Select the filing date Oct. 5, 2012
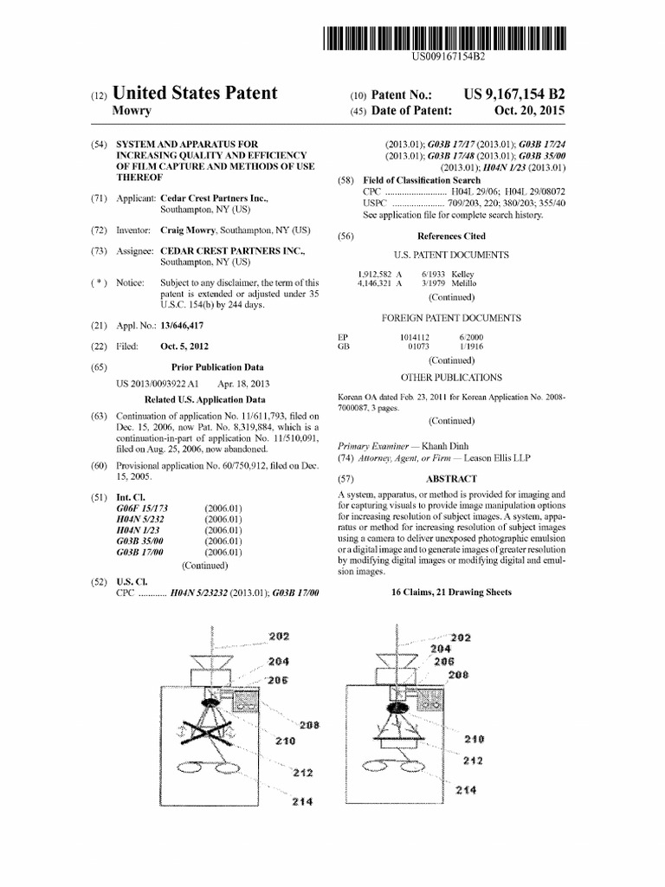coord(184,346)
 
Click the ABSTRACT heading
coord(451,479)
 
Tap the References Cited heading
coord(451,236)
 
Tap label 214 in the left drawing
coord(302,802)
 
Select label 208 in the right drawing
coord(460,674)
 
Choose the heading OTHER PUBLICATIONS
coord(451,378)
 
